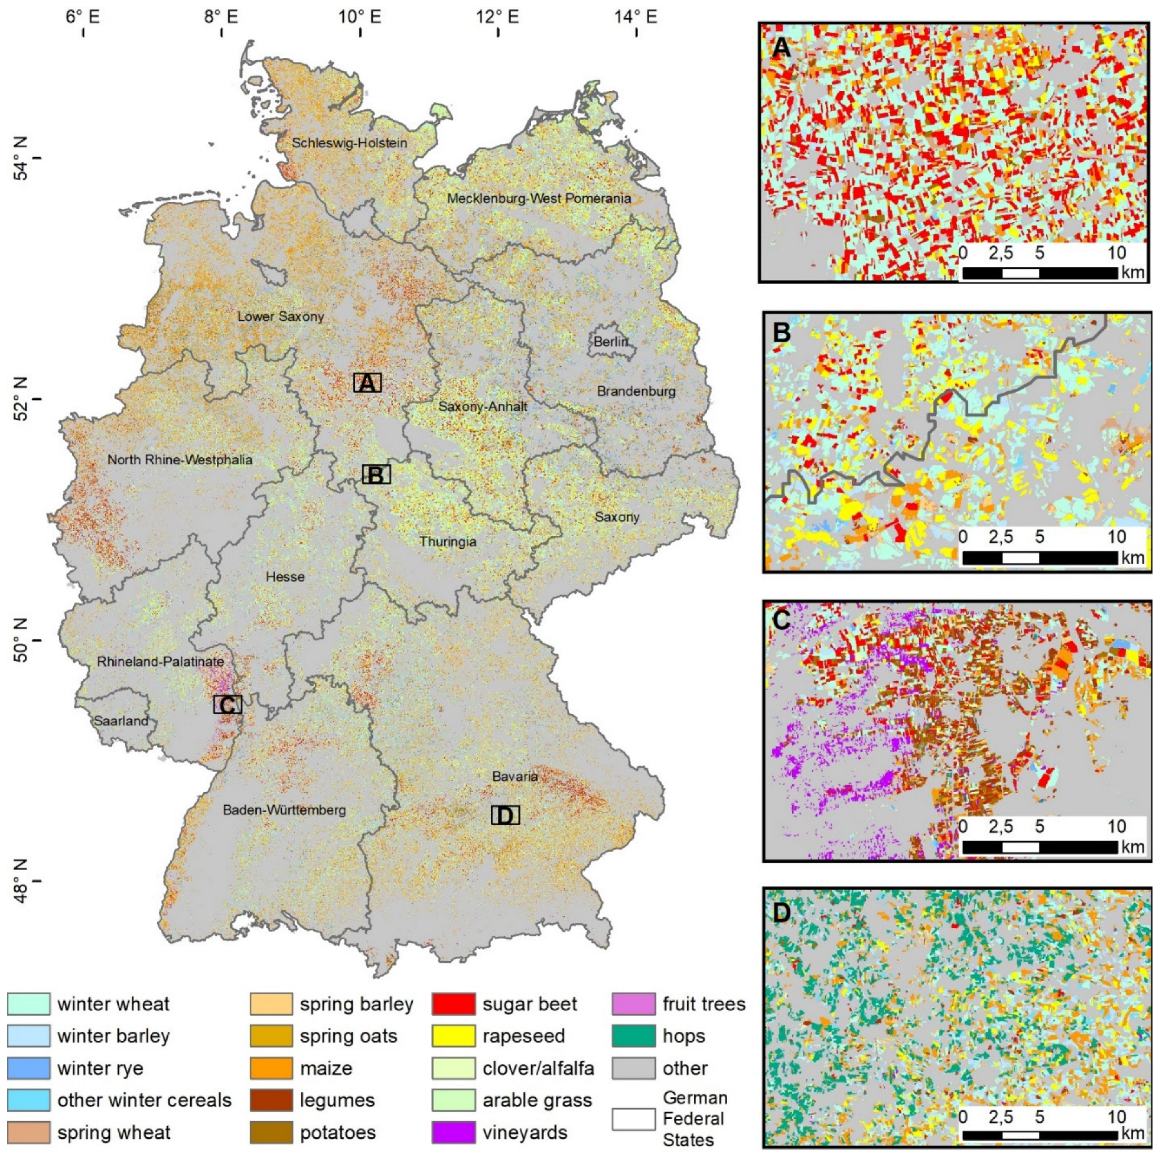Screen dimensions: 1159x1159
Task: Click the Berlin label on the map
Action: click(x=611, y=342)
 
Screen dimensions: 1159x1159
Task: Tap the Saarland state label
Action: click(x=121, y=721)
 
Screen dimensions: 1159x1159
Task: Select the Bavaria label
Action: click(x=515, y=776)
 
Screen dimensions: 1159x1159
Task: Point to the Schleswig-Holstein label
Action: click(x=349, y=143)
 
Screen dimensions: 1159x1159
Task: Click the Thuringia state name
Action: click(x=448, y=542)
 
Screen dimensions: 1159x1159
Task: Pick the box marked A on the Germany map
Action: click(x=367, y=383)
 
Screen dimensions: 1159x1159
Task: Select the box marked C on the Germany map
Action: click(x=227, y=705)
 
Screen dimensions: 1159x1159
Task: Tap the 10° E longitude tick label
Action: click(x=360, y=16)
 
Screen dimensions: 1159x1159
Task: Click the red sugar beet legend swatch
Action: click(x=453, y=1004)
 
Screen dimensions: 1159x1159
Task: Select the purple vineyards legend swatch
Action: click(x=453, y=1132)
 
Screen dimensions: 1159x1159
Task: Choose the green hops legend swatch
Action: click(x=633, y=1036)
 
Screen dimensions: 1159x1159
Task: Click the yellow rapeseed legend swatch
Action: click(x=453, y=1036)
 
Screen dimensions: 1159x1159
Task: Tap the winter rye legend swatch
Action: click(x=28, y=1069)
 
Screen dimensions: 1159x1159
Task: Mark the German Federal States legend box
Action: click(x=633, y=1119)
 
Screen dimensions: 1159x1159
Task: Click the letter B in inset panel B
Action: click(x=781, y=331)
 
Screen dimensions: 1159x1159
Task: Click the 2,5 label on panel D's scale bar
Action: click(x=1001, y=1117)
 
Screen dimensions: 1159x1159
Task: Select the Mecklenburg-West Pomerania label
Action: click(x=539, y=198)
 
